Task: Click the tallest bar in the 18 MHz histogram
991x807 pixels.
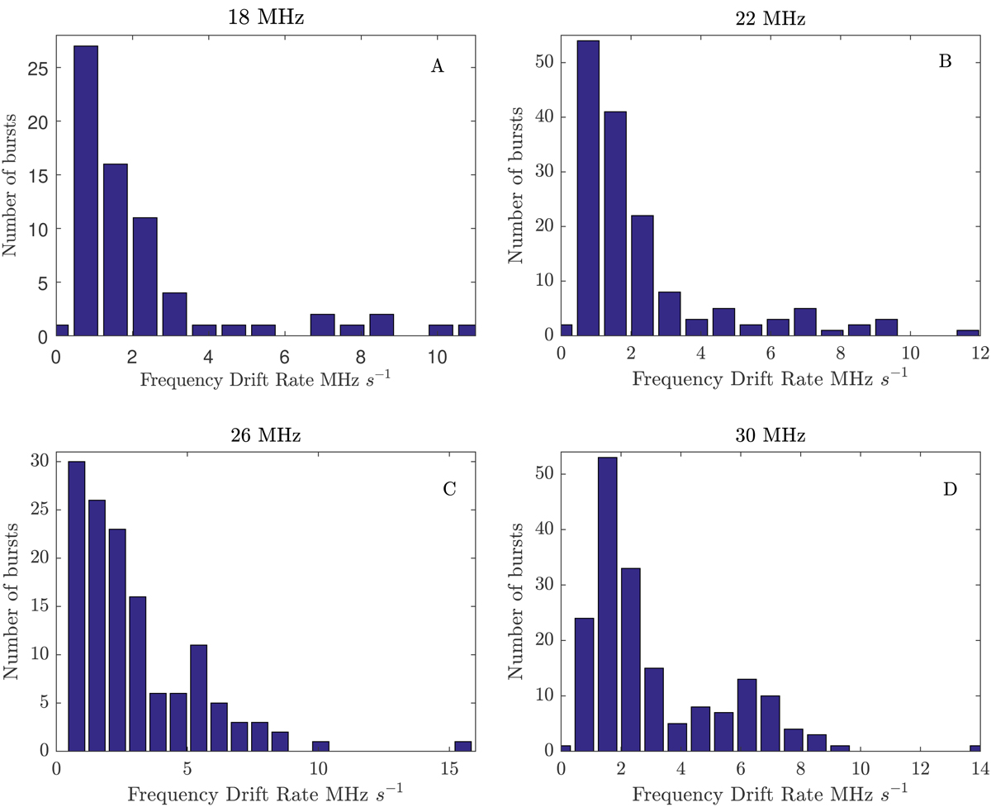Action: pos(85,191)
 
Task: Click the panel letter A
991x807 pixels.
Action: pos(438,67)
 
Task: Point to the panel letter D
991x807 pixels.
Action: pos(950,489)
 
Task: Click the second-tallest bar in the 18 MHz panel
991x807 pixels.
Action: pos(115,250)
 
